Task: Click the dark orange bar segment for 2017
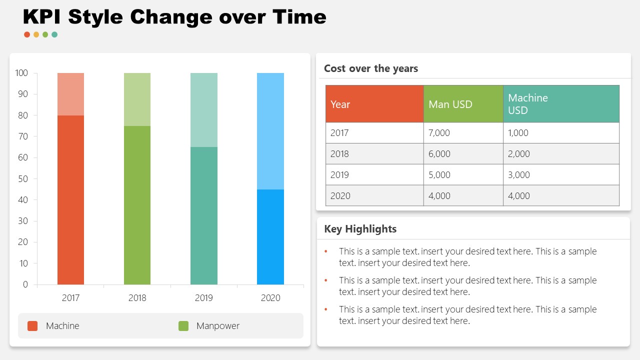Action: pos(70,200)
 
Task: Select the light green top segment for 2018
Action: pos(137,99)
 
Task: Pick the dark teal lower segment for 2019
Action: pos(203,215)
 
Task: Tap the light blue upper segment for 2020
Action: pos(270,131)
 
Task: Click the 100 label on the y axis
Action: pos(22,73)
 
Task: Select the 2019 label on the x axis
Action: pos(203,298)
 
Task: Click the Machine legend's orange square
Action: pos(32,326)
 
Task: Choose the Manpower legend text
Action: pos(217,326)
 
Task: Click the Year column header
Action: pos(374,104)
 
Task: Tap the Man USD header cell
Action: pos(462,104)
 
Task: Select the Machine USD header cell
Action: pos(560,104)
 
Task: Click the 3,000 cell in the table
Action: pos(518,175)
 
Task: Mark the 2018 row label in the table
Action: pos(339,154)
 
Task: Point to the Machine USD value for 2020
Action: pos(518,196)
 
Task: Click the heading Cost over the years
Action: pos(370,68)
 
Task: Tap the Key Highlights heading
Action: pos(360,229)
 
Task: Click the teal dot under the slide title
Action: pos(54,34)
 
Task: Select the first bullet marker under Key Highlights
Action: pos(326,251)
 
